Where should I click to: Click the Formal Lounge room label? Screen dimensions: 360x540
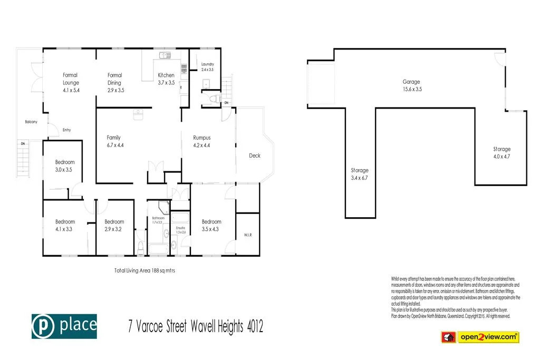click(x=71, y=79)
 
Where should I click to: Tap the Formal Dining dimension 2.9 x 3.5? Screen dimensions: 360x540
click(x=115, y=90)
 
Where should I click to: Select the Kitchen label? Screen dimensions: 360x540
click(x=166, y=75)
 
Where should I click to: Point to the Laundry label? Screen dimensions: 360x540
click(x=207, y=64)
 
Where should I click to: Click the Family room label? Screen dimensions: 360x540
click(x=113, y=138)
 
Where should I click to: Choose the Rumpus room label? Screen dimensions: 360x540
click(x=201, y=138)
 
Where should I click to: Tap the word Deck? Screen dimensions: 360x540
click(x=255, y=155)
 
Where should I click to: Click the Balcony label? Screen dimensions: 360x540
click(x=31, y=122)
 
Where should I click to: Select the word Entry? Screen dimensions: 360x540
click(x=66, y=130)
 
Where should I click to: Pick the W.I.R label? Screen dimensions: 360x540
click(x=248, y=235)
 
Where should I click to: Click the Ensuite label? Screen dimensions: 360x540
click(x=180, y=228)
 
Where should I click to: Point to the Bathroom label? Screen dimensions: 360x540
click(x=158, y=218)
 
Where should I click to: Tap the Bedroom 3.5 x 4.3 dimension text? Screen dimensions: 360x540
click(x=211, y=229)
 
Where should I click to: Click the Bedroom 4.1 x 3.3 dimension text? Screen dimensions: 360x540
click(x=65, y=229)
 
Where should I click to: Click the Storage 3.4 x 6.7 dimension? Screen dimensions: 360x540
click(x=360, y=178)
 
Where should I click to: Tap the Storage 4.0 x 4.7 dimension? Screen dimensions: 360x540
click(x=502, y=157)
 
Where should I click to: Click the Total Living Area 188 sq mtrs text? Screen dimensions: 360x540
click(x=144, y=270)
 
